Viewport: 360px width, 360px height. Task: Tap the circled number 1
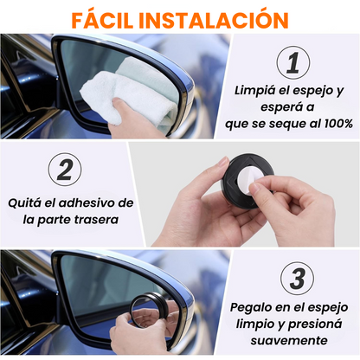(x=293, y=62)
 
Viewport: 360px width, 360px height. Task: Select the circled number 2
(x=65, y=170)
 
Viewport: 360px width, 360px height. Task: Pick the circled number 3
(x=297, y=279)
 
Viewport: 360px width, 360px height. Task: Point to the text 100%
(x=338, y=124)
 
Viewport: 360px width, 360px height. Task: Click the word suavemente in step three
(x=289, y=341)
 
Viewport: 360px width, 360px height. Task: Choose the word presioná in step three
(x=315, y=325)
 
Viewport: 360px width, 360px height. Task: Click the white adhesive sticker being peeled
(x=250, y=180)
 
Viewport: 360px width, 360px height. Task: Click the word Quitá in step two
(x=24, y=202)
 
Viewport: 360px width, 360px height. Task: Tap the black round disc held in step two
(x=247, y=181)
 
